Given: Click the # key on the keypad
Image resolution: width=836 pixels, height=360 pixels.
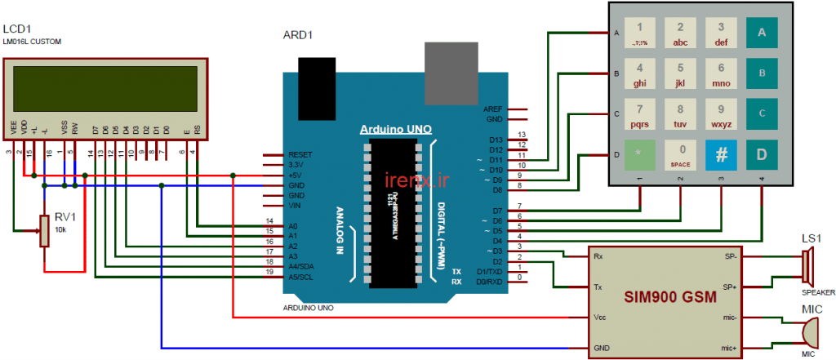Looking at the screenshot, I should click(x=721, y=154).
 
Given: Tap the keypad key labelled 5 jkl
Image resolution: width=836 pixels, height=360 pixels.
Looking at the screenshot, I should click(x=680, y=73).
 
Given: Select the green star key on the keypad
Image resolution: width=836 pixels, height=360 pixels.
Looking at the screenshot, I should click(x=639, y=154).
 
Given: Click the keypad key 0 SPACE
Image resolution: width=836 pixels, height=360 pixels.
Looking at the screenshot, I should click(x=680, y=154).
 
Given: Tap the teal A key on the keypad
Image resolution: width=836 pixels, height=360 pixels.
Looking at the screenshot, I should click(x=762, y=33).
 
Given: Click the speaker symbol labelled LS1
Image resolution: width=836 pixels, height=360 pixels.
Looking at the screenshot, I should click(x=807, y=266).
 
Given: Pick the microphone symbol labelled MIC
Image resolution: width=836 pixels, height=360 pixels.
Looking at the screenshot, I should click(x=807, y=333).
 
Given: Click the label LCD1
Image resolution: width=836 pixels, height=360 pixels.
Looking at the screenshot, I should click(x=17, y=29).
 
